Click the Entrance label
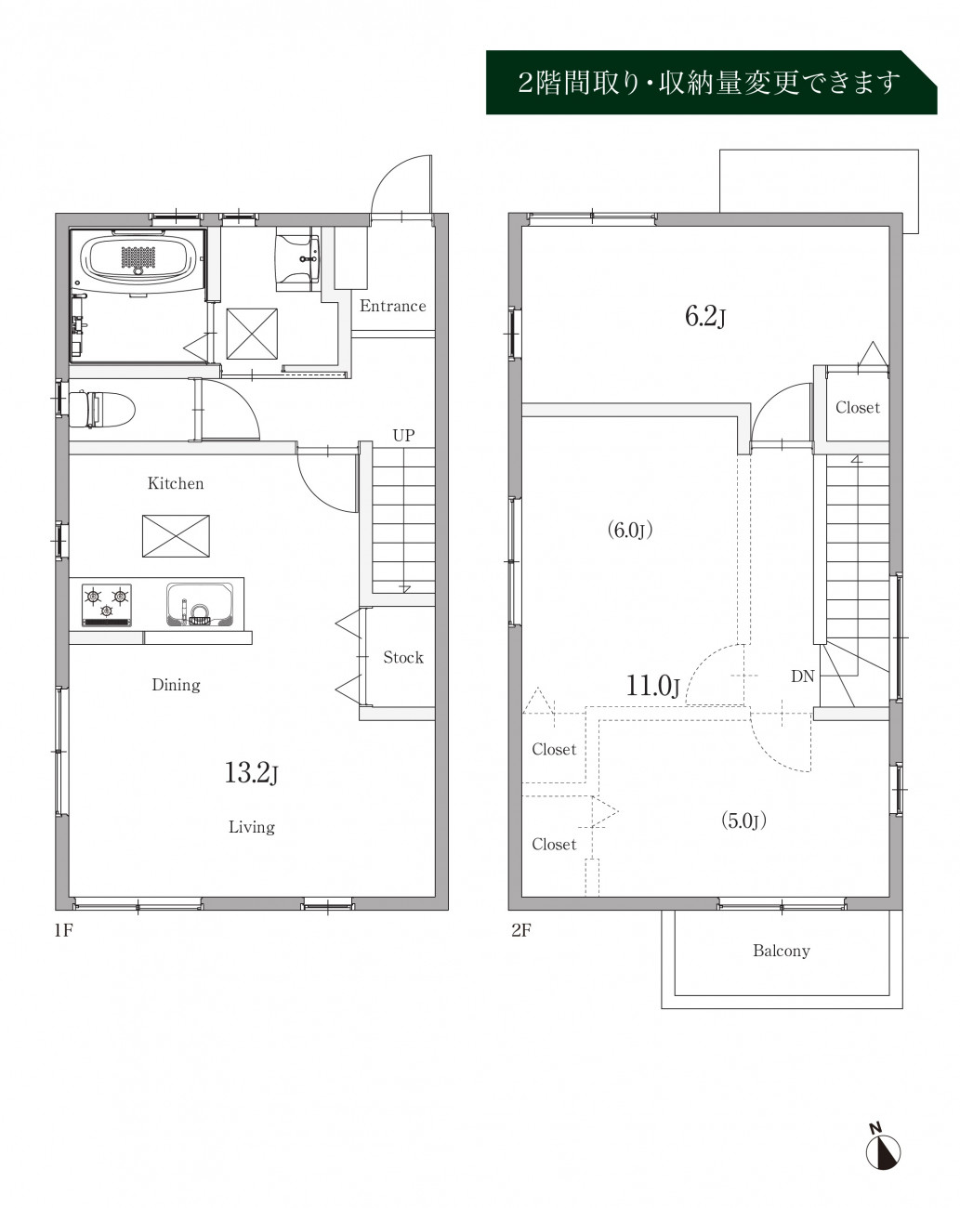coord(392,306)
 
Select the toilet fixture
coord(102,410)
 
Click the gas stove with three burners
coord(107,605)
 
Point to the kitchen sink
coord(200,605)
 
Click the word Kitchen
coord(176,483)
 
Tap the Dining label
coord(176,685)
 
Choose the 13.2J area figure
coord(251,773)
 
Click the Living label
coord(252,827)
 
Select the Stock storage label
coord(403,657)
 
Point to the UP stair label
coord(403,436)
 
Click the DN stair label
coord(802,676)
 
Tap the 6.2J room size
coord(704,316)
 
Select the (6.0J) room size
coord(630,530)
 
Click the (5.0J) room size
coord(743,821)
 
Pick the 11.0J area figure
coord(652,686)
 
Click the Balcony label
coord(781,951)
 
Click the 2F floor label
coord(520,930)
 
